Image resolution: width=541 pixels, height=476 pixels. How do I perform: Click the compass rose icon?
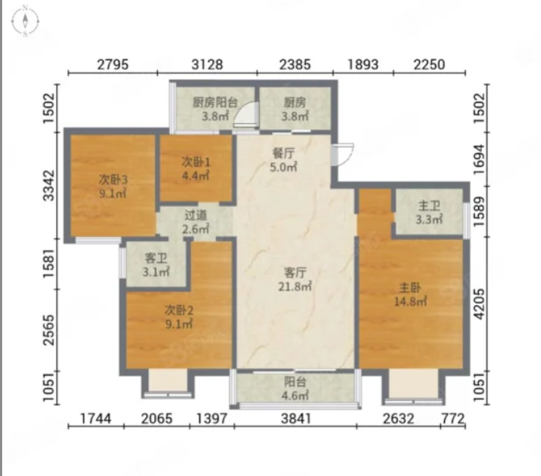[25, 22]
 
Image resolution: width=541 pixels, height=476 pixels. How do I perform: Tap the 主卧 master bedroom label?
[410, 287]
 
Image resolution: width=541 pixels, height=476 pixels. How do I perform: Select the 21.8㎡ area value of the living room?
[295, 286]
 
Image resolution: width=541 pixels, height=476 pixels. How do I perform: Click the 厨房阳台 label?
[215, 102]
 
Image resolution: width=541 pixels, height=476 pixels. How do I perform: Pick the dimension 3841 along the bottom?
[296, 418]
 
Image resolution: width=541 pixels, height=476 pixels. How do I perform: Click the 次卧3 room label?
[113, 180]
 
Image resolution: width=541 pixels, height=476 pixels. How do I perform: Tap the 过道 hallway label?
[195, 215]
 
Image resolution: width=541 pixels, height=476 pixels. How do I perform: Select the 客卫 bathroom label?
[156, 257]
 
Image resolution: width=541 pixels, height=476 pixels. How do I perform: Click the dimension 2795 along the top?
[113, 64]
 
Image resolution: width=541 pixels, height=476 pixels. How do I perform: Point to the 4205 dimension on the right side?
[480, 304]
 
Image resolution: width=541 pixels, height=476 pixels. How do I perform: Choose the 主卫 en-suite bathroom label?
[429, 206]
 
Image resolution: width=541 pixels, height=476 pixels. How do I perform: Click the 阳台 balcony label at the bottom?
[295, 382]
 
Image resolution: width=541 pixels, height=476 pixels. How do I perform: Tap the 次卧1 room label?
[195, 162]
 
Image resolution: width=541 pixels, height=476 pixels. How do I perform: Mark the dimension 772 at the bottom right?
[453, 418]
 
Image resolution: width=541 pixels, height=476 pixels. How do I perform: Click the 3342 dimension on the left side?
[48, 185]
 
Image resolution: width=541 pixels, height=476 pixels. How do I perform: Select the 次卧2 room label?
[179, 310]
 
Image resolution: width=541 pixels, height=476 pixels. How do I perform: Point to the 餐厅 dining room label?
[283, 153]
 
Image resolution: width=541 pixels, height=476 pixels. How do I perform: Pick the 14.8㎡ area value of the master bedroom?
[410, 301]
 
